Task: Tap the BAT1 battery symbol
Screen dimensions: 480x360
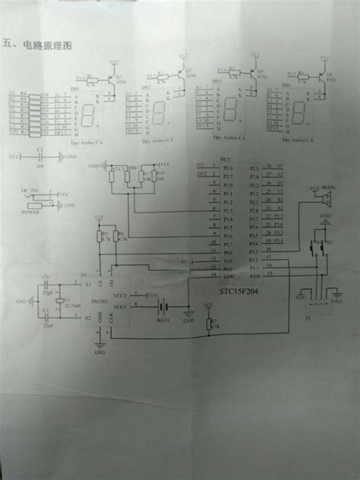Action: coord(162,307)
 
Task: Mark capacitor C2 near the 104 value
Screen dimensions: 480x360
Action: coord(40,156)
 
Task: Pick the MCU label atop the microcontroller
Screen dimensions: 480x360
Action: coord(224,159)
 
